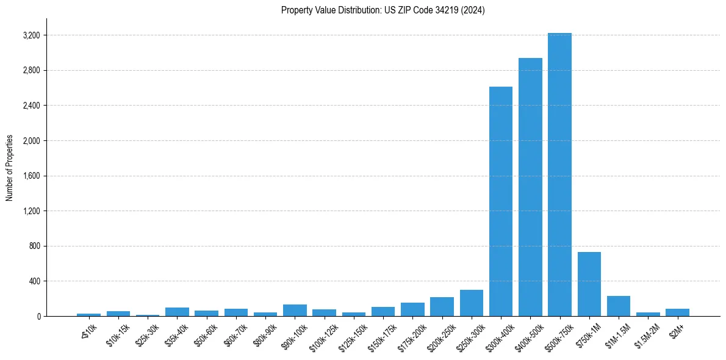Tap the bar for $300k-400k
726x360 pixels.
point(501,201)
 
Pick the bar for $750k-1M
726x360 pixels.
point(589,284)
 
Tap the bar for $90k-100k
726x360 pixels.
point(295,311)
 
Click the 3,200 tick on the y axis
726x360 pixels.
point(31,35)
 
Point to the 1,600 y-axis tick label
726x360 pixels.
point(31,176)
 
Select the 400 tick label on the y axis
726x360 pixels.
point(34,281)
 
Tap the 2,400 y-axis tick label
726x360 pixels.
point(31,106)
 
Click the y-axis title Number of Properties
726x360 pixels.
point(10,167)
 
